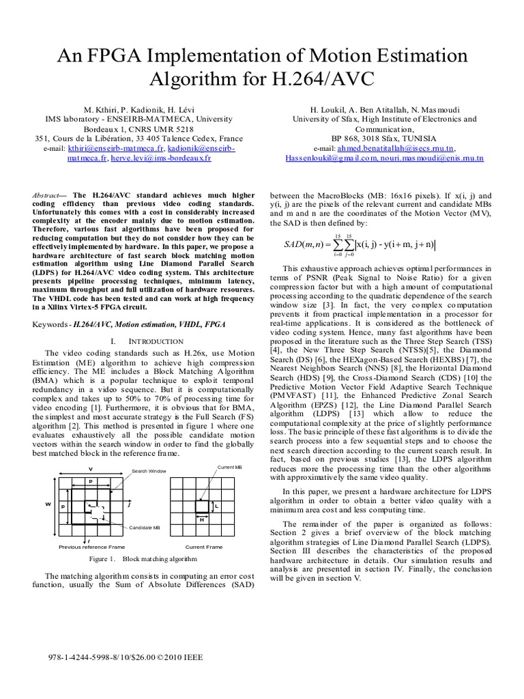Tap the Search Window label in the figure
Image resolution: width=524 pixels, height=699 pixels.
[x=149, y=472]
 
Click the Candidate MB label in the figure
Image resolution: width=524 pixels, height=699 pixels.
[x=145, y=528]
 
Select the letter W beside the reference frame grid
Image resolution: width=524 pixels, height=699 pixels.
[x=48, y=504]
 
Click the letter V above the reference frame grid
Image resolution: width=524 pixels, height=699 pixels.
[x=89, y=469]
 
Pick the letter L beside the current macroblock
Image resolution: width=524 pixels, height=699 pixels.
[x=216, y=507]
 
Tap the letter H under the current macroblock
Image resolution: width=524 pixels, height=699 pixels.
[x=202, y=520]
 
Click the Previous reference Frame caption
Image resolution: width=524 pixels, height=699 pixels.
[x=91, y=547]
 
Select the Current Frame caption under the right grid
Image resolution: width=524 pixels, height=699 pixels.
[x=204, y=547]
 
